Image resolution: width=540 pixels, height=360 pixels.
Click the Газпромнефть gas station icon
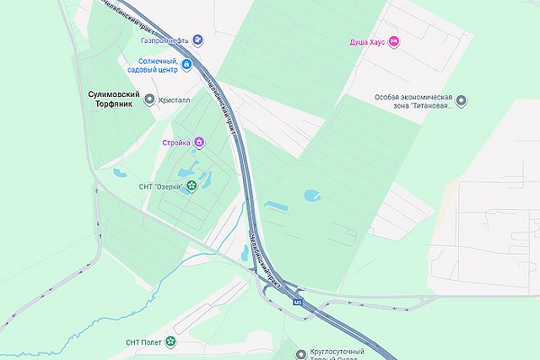(197, 40)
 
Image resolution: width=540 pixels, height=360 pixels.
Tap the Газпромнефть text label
(164, 40)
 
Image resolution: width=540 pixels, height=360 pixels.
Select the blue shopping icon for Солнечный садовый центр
(187, 65)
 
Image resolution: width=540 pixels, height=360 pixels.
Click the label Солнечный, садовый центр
(158, 66)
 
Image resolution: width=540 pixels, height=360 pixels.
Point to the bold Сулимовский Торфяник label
(114, 99)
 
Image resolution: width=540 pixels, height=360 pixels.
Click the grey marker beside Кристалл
(150, 99)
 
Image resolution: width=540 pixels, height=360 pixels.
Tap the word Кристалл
(175, 99)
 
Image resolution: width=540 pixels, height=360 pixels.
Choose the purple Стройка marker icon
(198, 142)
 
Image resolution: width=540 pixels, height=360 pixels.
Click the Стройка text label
(176, 142)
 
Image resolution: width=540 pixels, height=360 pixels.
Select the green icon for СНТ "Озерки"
(192, 186)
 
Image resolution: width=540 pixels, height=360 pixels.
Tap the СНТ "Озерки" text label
(159, 186)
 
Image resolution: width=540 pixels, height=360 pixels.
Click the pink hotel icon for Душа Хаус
(393, 41)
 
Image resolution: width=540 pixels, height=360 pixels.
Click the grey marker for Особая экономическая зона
(462, 101)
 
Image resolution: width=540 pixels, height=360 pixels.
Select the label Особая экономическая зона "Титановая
(414, 101)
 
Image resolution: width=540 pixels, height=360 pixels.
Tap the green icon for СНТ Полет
(171, 341)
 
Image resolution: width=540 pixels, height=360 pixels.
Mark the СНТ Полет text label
(143, 341)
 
